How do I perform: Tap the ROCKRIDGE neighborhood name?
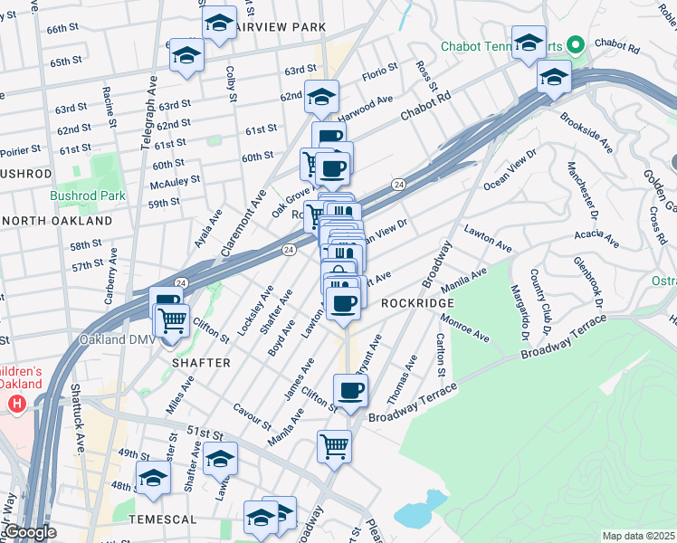point(415,303)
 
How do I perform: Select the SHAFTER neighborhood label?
point(201,362)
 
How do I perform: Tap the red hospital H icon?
point(16,405)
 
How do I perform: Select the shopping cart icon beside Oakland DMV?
point(172,320)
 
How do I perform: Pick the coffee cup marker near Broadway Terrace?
point(350,391)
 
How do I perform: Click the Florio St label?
point(380,71)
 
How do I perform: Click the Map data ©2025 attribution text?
point(639,536)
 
